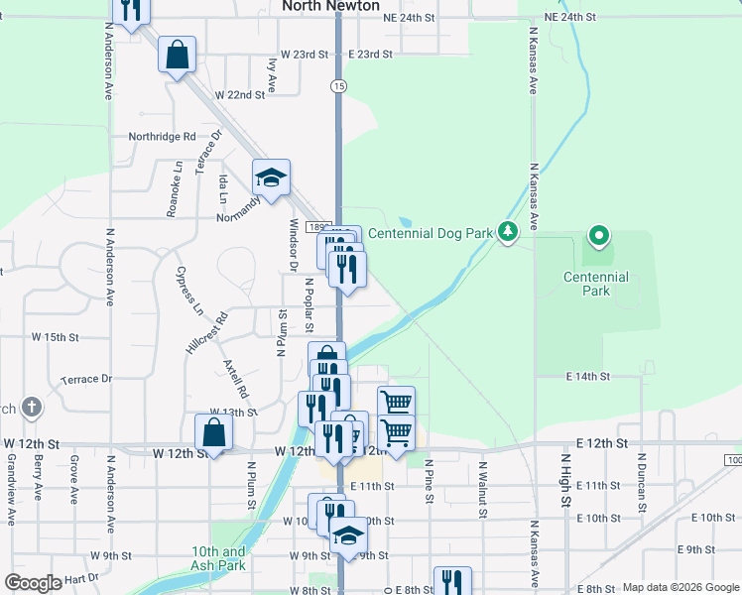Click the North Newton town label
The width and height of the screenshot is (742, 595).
click(330, 6)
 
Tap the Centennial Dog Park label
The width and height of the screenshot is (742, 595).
click(431, 233)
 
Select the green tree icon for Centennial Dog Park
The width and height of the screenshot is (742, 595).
click(508, 232)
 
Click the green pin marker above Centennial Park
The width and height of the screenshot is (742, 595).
click(598, 236)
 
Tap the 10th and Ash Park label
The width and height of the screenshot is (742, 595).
click(219, 558)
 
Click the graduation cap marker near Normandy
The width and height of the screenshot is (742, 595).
click(271, 178)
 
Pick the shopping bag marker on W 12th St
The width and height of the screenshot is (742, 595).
click(213, 431)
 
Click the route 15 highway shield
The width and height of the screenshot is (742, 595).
click(339, 86)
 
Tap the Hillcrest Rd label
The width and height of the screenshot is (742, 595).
click(206, 333)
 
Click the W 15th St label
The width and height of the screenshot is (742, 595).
click(55, 337)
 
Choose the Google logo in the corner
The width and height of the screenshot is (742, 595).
click(33, 583)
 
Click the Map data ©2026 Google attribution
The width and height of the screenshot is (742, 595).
click(680, 587)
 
